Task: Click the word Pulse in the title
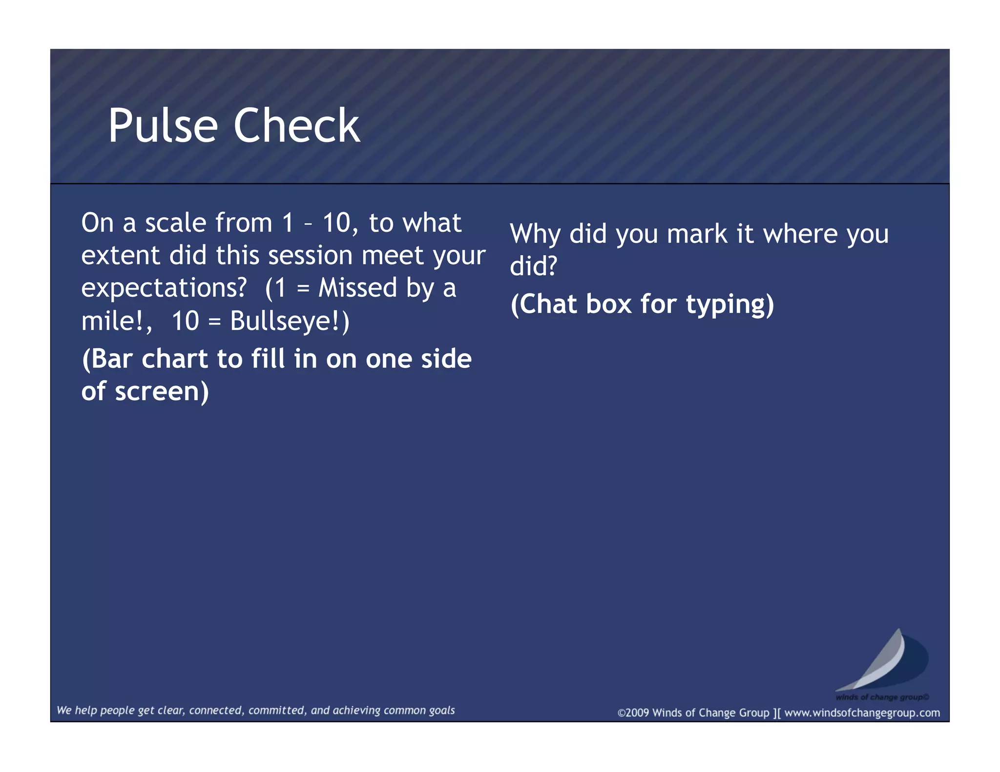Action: (163, 126)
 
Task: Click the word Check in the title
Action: (296, 126)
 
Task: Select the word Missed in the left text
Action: (357, 287)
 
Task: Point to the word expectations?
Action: (164, 288)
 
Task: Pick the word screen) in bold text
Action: (162, 391)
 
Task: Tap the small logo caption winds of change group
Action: (882, 697)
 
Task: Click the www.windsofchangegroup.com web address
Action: (862, 712)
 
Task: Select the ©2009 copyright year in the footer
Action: (633, 712)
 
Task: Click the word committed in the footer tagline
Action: (276, 711)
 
